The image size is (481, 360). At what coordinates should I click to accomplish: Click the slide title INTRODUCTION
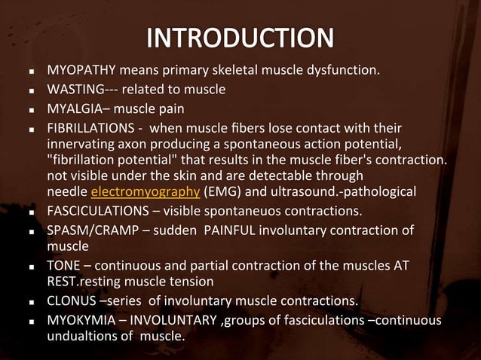coord(240,38)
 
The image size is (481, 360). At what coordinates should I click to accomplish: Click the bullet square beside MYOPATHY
coord(30,73)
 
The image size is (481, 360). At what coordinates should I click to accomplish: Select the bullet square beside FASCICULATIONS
coord(30,211)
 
